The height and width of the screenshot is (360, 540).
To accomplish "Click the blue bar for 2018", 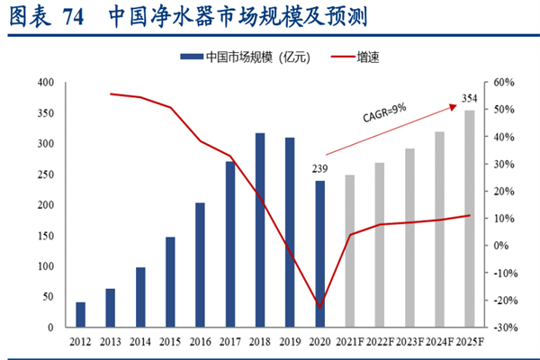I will coord(260,230).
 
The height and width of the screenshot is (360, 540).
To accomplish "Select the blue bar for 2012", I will coord(81,315).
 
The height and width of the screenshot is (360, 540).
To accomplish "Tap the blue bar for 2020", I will coord(319,255).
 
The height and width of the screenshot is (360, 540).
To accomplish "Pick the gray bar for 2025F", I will coord(469,219).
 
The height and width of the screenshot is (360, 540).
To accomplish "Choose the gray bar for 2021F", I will coord(349,251).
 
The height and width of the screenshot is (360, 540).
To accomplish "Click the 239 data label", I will coord(319,169).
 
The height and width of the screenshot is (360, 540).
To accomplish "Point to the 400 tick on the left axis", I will coord(48,83).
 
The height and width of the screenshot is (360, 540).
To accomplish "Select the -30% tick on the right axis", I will coord(503,328).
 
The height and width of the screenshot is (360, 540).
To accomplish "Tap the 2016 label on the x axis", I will coord(200,343).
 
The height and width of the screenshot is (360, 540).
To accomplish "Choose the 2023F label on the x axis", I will coord(409,343).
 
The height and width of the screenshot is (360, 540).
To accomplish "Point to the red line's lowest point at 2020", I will coord(319,308).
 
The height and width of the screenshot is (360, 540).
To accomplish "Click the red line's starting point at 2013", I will coord(111,94).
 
